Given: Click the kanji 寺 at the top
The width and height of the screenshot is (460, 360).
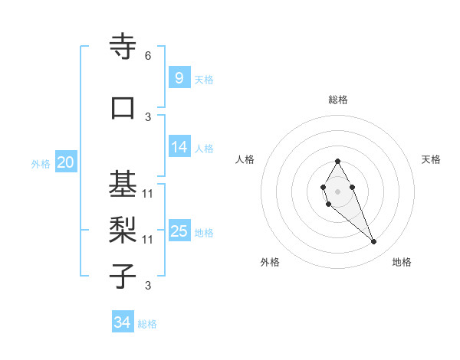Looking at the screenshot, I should coord(123,47).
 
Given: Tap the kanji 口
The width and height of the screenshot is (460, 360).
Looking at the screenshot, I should coord(123,108).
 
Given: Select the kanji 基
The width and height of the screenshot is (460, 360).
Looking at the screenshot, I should coord(123,184).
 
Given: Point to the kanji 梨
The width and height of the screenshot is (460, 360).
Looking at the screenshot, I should coord(123,230).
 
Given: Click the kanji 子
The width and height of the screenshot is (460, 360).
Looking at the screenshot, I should coord(123,276).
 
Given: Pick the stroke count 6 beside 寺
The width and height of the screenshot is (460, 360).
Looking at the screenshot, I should coord(148,56).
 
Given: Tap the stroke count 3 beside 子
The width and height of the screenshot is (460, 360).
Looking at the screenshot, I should coord(148,286).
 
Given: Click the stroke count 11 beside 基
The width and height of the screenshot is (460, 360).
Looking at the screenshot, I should coord(148,194).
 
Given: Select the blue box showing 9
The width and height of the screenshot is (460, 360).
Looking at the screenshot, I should coord(179,77).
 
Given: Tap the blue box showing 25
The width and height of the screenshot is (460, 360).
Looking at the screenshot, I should coord(179,231).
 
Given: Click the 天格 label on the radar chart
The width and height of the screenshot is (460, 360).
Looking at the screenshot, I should coord(431,159).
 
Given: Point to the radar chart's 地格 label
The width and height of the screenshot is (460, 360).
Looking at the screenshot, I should coord(402,262).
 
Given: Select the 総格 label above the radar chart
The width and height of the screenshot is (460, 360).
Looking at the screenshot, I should coord(338,100).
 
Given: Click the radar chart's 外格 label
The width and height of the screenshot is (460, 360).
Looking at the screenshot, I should coord(270,262).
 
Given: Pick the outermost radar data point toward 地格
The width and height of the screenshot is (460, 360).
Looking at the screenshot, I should coord(373,242).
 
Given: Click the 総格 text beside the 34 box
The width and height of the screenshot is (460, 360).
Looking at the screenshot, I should coord(147,324).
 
